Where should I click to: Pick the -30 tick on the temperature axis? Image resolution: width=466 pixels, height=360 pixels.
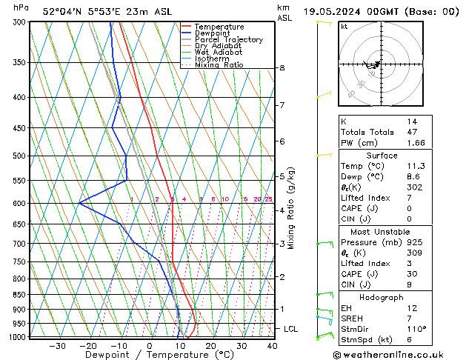click(57, 346)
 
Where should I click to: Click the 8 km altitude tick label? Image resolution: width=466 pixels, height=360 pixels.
click(282, 68)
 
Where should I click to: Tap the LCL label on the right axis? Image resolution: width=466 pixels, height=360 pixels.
click(291, 328)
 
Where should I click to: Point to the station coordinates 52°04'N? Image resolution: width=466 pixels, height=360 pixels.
click(65, 12)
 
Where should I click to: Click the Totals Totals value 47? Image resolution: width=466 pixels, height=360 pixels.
click(413, 131)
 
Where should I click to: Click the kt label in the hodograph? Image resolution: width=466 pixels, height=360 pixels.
click(344, 26)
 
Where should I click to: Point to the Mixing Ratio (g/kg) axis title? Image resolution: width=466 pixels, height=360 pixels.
click(292, 208)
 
